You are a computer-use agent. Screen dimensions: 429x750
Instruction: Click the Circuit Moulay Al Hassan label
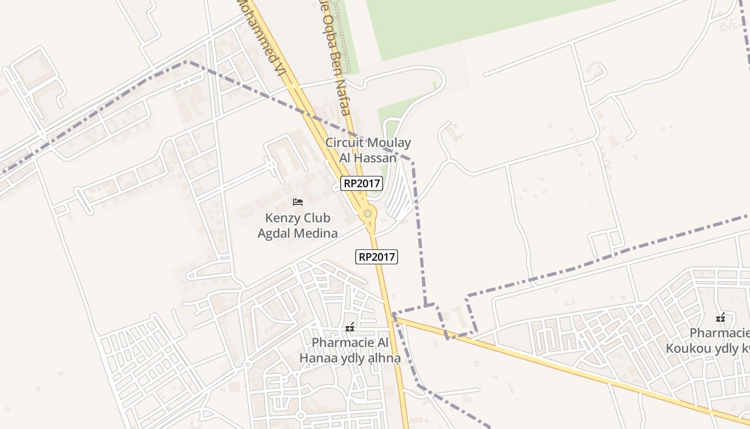click(x=368, y=150)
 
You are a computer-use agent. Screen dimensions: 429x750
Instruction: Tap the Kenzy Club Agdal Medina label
click(x=298, y=226)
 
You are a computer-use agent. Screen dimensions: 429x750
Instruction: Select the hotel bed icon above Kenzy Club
click(x=298, y=202)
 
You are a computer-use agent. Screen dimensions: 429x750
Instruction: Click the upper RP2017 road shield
click(x=362, y=183)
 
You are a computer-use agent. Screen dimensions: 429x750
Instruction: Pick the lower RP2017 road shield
click(x=377, y=257)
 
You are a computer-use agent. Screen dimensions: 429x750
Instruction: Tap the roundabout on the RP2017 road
click(x=367, y=213)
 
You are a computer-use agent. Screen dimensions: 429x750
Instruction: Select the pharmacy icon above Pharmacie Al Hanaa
click(x=350, y=327)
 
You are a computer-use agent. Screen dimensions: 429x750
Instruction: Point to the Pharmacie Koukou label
click(x=707, y=341)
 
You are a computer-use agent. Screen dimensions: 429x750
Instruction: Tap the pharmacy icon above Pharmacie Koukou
click(x=721, y=317)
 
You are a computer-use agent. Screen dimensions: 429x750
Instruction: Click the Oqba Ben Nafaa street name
click(x=335, y=59)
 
